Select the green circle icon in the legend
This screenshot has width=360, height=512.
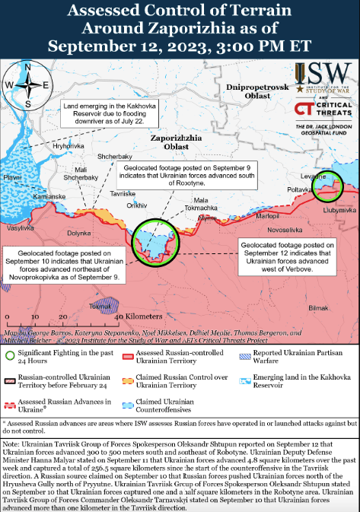tap(10, 355)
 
